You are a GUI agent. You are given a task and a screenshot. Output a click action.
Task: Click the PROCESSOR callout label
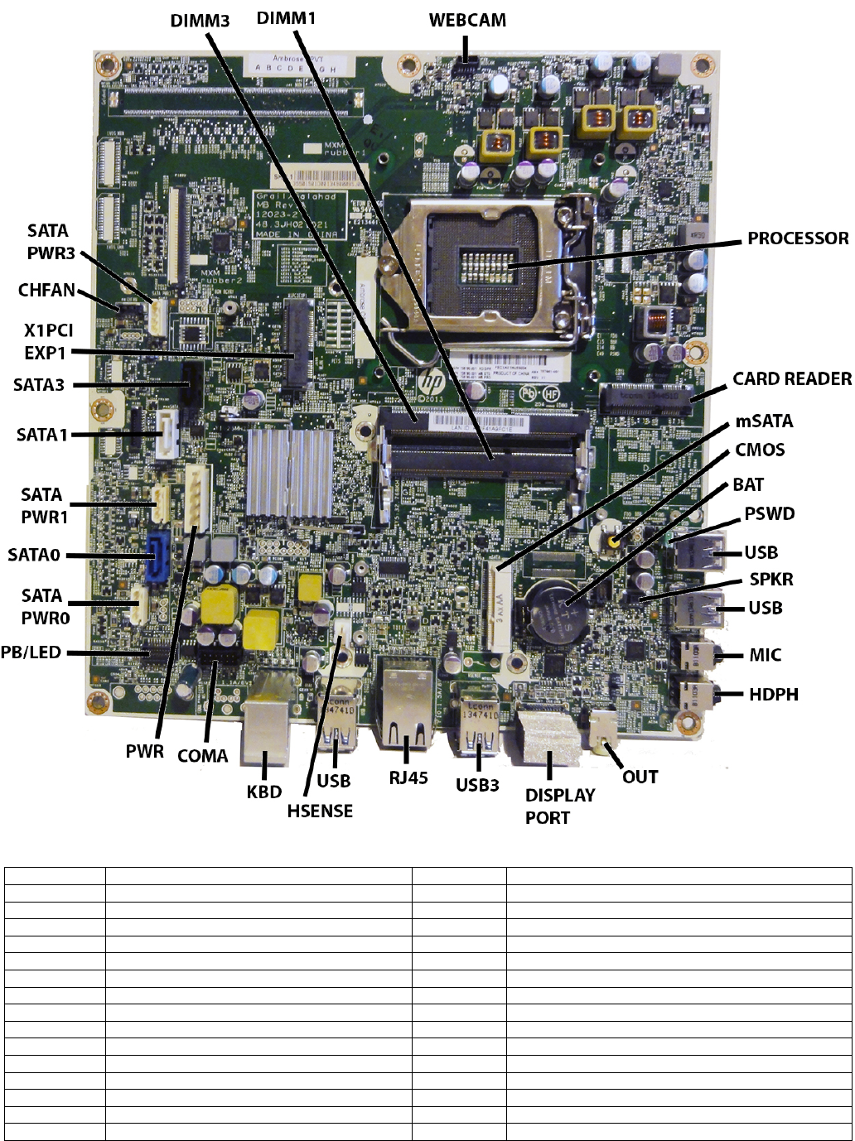point(798,238)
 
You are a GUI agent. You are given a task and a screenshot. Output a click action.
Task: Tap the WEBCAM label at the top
point(467,20)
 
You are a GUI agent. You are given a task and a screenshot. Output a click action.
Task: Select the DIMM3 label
point(200,20)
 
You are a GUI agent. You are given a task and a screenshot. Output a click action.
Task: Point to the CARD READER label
point(792,378)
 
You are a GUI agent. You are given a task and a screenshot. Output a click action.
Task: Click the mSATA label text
point(764,421)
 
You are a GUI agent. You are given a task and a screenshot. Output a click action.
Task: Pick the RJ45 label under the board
point(408,778)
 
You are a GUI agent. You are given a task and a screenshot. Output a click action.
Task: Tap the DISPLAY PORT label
point(560,806)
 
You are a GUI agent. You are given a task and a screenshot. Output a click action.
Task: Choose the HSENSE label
point(320,811)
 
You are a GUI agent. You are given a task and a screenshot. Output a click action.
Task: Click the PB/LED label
point(31,652)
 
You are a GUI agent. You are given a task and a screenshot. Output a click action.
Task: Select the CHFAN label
point(47,291)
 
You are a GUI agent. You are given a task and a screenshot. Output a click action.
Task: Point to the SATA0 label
point(34,555)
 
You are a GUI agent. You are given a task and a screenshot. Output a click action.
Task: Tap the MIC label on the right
point(765,655)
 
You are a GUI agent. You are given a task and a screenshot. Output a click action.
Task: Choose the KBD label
point(264,792)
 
